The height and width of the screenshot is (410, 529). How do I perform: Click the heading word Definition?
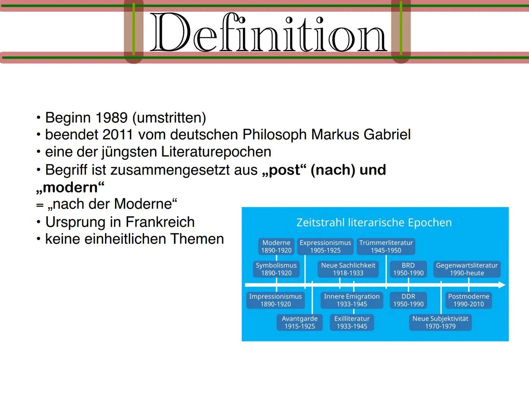tap(268, 33)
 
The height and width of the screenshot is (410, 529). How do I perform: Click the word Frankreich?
tap(160, 222)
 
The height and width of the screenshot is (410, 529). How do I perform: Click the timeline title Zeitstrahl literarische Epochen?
tap(374, 222)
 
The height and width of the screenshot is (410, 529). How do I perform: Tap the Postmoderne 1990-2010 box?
tap(469, 300)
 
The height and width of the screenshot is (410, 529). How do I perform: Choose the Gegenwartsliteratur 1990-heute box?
tap(467, 269)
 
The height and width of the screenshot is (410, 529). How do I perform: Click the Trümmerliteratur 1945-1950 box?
tap(386, 246)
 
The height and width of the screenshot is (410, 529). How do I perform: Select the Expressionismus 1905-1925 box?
tap(325, 246)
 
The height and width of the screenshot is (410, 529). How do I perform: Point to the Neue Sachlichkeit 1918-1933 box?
tap(348, 269)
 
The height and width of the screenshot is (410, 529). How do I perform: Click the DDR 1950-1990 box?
tap(408, 300)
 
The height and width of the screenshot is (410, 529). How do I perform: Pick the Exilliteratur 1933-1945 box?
tap(352, 322)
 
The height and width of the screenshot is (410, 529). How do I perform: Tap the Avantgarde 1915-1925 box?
tap(300, 322)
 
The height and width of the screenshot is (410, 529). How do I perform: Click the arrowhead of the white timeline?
tap(502, 285)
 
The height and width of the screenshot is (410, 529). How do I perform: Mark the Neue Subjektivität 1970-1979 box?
tap(440, 322)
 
